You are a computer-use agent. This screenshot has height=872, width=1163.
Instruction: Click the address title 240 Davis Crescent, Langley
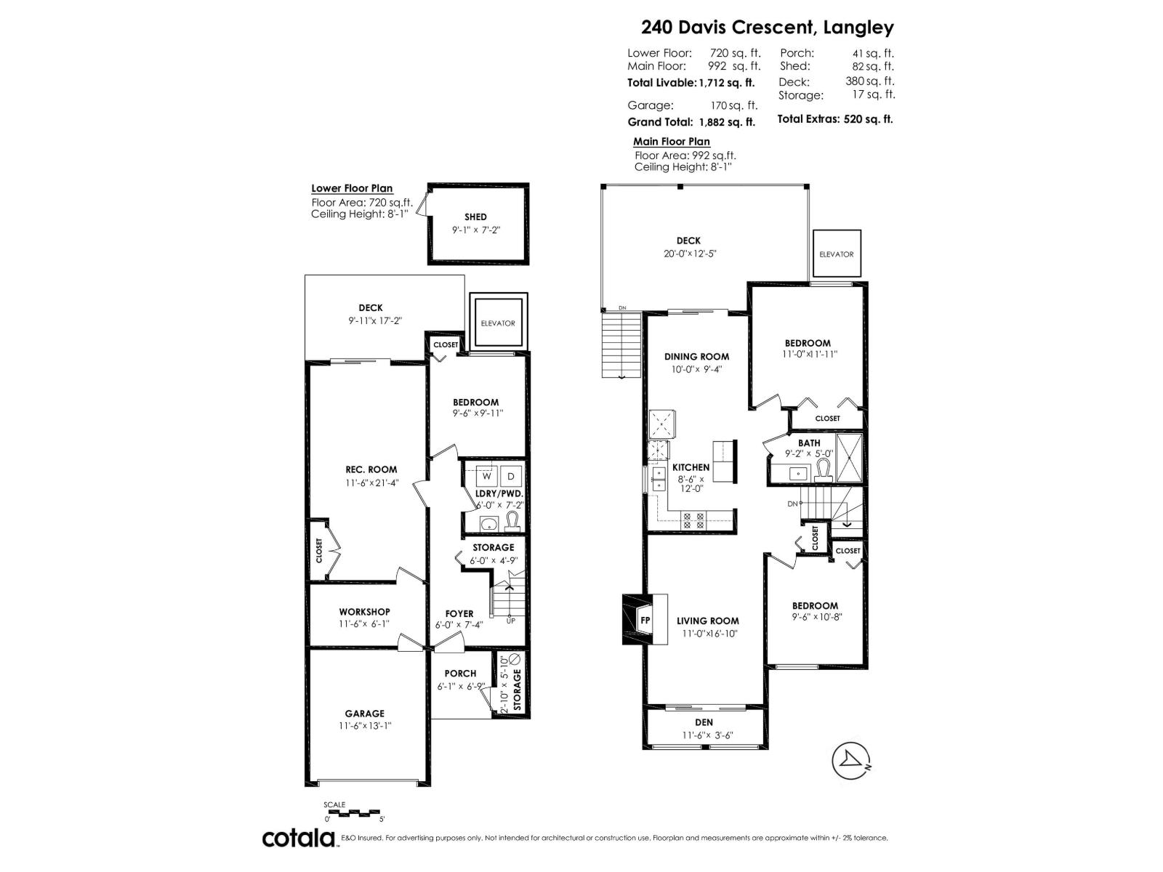coord(767,28)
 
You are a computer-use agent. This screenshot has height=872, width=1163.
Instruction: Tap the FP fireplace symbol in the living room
coord(644,621)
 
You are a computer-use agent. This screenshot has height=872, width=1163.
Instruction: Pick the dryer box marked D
coord(511,476)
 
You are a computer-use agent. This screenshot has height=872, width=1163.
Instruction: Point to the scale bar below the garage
coord(353,812)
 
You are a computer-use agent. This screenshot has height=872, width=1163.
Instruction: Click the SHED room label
coord(475,217)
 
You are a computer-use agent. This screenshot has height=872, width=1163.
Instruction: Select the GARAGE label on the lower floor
coord(364,714)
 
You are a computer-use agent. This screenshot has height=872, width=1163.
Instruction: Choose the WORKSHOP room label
coord(364,612)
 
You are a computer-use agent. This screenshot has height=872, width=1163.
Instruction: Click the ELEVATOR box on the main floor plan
coord(836,254)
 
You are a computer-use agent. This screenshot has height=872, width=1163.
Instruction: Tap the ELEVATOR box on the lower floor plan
coord(498,323)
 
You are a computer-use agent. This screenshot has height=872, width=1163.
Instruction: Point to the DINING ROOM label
coord(696,356)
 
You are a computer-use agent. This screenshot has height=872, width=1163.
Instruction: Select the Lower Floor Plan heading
coord(352,188)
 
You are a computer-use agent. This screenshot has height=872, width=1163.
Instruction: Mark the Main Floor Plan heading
coord(671,142)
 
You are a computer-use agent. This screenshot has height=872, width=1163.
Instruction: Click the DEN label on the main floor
coord(704,722)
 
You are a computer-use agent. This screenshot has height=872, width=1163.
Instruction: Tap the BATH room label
coord(808,443)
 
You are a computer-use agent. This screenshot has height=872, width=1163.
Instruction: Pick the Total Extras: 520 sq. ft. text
coord(834,119)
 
